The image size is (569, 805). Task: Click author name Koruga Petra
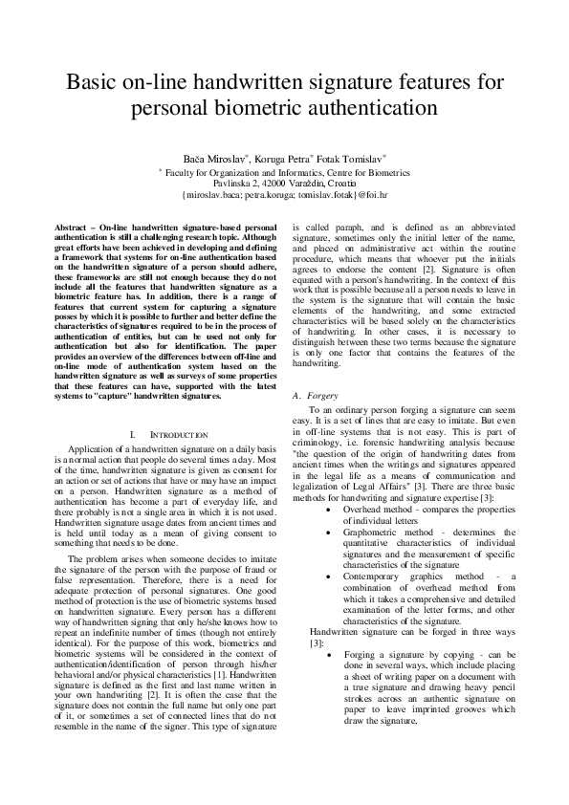286,157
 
